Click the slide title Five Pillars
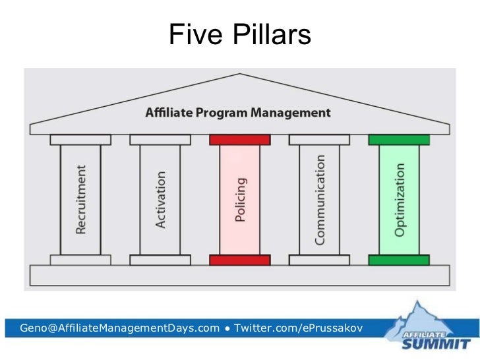click(x=239, y=35)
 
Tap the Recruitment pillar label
click(x=81, y=200)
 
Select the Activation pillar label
click(x=161, y=200)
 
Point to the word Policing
click(x=240, y=200)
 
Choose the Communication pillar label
click(x=320, y=200)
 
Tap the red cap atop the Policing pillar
click(x=240, y=140)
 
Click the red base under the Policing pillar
click(x=240, y=260)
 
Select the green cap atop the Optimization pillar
click(x=399, y=140)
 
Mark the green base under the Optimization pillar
click(x=399, y=260)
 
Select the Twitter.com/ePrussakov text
click(x=299, y=328)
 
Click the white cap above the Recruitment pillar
click(x=81, y=140)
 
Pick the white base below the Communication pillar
click(x=320, y=260)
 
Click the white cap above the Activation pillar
click(x=160, y=140)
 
